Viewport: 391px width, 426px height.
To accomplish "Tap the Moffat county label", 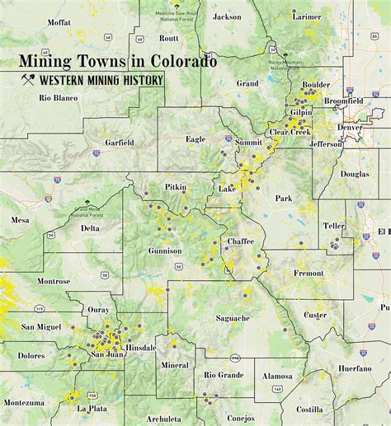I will [59, 22].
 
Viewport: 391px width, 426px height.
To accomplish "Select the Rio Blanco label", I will [58, 98].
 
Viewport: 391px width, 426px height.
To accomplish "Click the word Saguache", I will [233, 317].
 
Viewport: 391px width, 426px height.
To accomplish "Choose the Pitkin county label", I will [176, 188].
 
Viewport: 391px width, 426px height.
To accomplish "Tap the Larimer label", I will [307, 16].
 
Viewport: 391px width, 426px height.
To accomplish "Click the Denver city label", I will [349, 128].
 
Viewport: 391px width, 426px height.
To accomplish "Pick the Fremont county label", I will [309, 273].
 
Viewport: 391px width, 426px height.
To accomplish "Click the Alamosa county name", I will [277, 376].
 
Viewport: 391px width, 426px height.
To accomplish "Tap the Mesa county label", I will [20, 220].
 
